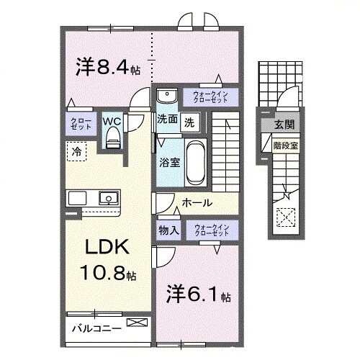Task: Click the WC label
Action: tap(112, 122)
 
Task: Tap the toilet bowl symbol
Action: tap(112, 140)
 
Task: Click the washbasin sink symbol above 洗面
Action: tap(166, 96)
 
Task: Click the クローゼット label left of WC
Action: tap(77, 124)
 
